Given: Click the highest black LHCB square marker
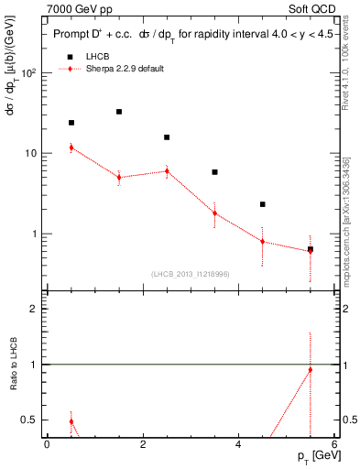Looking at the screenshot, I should click(x=119, y=112).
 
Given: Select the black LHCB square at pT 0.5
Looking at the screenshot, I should click(x=71, y=123).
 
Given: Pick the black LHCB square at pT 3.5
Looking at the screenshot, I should click(x=214, y=172).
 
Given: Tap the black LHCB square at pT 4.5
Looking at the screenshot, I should click(x=262, y=204).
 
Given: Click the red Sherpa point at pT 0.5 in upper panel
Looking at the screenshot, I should click(x=71, y=147).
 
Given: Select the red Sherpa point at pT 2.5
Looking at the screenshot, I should click(x=167, y=171).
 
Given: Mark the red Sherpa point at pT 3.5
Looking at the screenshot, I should click(x=214, y=213).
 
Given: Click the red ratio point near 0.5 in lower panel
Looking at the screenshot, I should click(x=71, y=421).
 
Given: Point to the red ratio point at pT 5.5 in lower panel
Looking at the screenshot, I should click(x=310, y=370).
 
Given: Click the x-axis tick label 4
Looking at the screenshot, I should click(x=238, y=444).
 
